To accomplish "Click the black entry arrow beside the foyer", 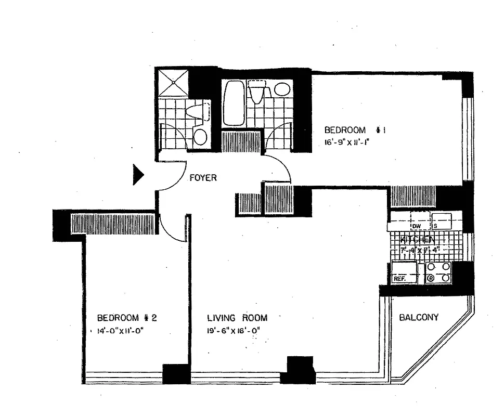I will coord(138,175).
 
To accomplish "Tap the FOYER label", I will coord(203,178).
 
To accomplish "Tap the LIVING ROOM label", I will coord(237,318).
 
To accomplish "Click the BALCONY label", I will coord(419,317).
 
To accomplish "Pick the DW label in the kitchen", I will coord(416,226).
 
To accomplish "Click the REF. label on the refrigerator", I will coord(399,279).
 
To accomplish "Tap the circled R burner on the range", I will coord(431,278).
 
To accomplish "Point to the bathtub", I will coord(232,103).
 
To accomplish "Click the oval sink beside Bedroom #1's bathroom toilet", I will coord(282,89).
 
